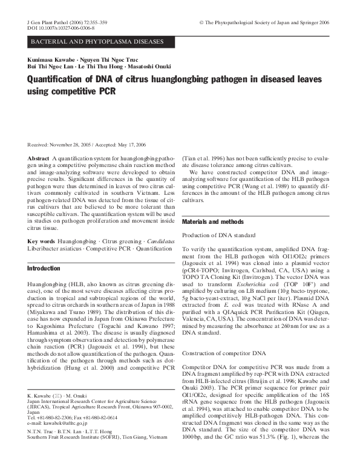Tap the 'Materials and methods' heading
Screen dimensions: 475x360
click(x=213, y=222)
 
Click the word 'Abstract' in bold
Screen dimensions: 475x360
click(x=38, y=157)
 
